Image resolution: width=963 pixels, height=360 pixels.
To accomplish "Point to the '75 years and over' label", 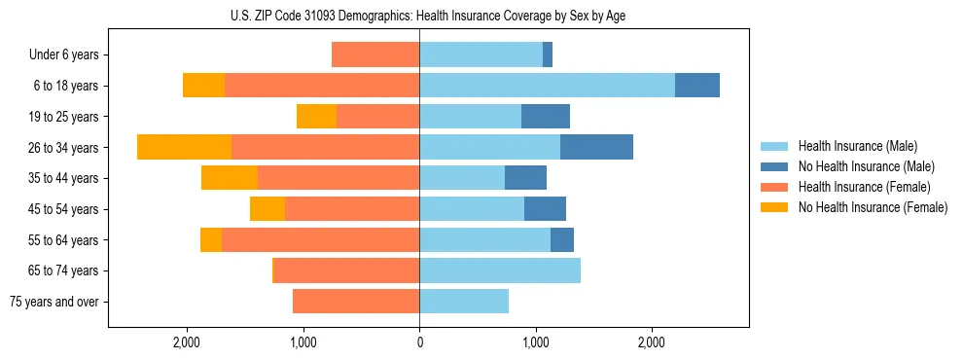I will pyautogui.click(x=54, y=302).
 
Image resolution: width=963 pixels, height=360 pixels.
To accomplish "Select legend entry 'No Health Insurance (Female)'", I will pyautogui.click(x=872, y=207).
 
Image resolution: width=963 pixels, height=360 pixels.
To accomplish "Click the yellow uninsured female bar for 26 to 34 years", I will pyautogui.click(x=184, y=147).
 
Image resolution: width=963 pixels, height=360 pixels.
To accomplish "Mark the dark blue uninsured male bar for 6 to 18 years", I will pyautogui.click(x=697, y=86).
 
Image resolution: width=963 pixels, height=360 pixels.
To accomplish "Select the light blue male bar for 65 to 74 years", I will pyautogui.click(x=500, y=270).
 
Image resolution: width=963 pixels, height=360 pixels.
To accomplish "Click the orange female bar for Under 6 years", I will pyautogui.click(x=375, y=55).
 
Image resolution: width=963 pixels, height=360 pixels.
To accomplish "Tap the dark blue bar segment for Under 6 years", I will pyautogui.click(x=548, y=55).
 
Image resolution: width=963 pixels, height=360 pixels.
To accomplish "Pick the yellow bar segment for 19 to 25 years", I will pyautogui.click(x=316, y=117).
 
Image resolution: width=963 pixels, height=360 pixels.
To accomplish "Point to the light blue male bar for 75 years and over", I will pyautogui.click(x=464, y=302).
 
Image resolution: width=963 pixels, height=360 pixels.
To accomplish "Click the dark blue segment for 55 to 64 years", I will pyautogui.click(x=562, y=240).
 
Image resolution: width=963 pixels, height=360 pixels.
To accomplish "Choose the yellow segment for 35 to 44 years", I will pyautogui.click(x=230, y=178).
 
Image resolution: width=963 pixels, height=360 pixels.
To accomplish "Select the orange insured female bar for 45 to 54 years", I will pyautogui.click(x=352, y=209).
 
